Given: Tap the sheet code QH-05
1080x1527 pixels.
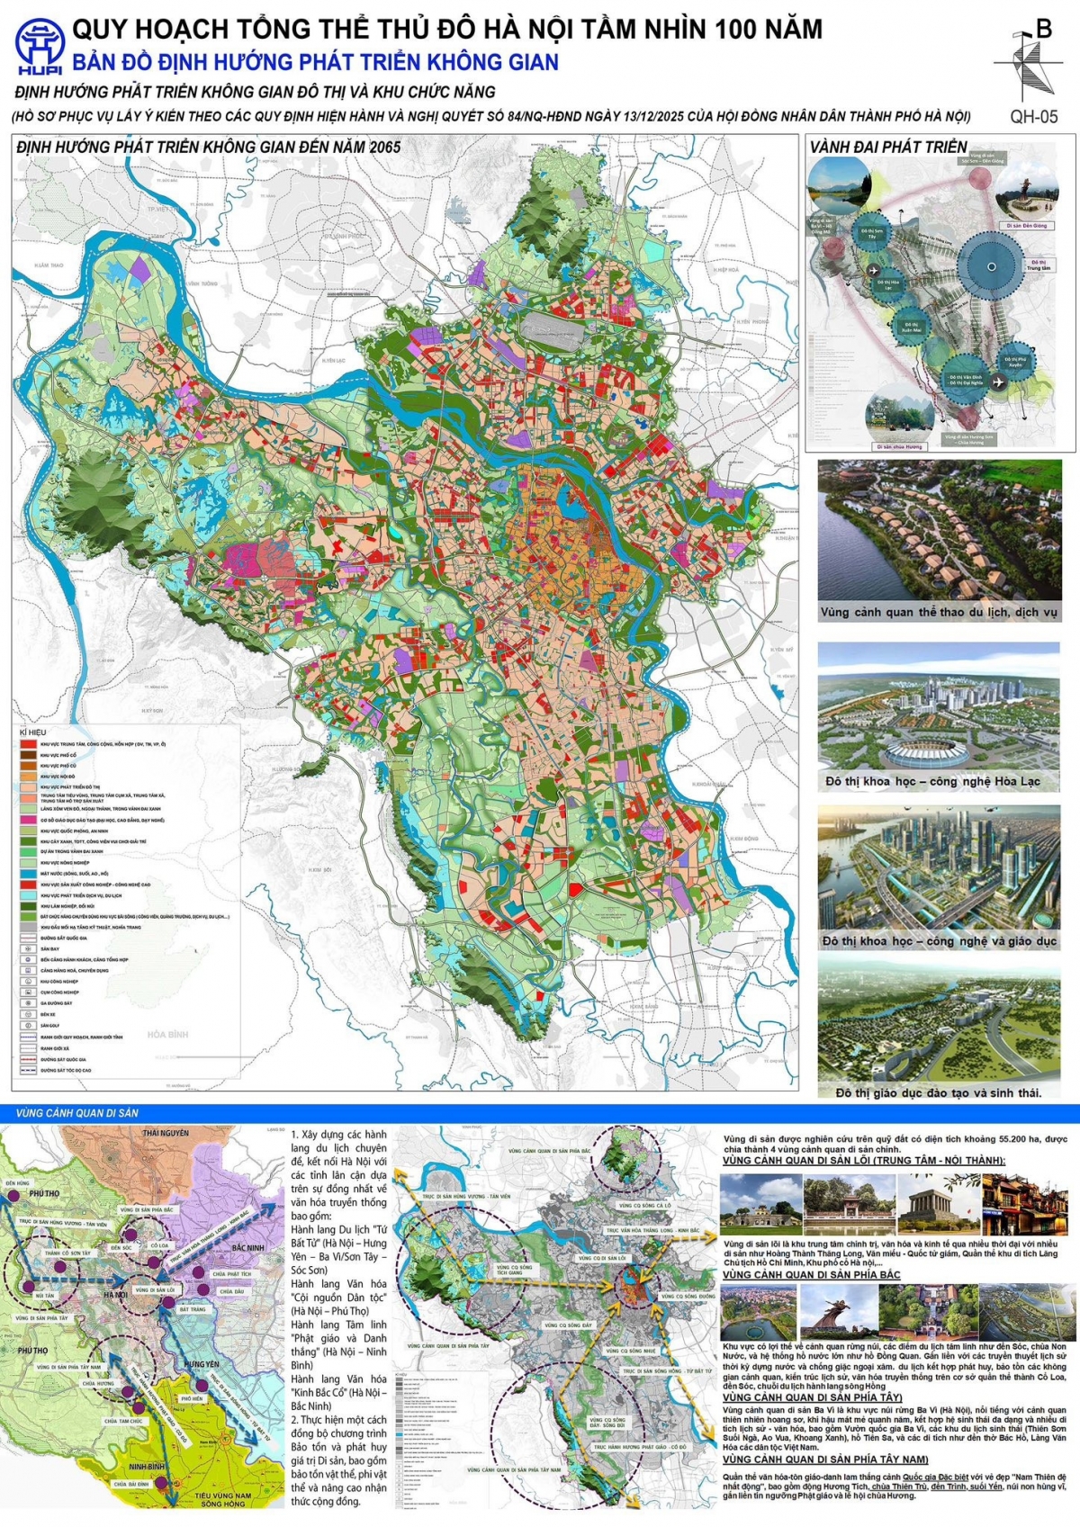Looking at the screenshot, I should pyautogui.click(x=1033, y=116).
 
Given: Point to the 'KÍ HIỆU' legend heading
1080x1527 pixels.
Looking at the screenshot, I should pyautogui.click(x=31, y=732).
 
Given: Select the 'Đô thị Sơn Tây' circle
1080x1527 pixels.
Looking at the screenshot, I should pyautogui.click(x=872, y=232).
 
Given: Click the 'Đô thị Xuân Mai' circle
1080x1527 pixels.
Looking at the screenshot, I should pyautogui.click(x=911, y=328).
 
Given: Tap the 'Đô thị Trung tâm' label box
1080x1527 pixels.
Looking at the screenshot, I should pyautogui.click(x=1038, y=265).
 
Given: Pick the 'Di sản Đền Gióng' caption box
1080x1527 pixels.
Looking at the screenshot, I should pyautogui.click(x=1027, y=226).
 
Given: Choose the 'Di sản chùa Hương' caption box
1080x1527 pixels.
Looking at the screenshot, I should pyautogui.click(x=899, y=446).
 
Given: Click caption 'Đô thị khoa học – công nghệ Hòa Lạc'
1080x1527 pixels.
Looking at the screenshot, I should pyautogui.click(x=932, y=781).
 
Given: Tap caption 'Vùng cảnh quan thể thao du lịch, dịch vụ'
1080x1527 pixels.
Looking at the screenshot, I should pyautogui.click(x=939, y=612).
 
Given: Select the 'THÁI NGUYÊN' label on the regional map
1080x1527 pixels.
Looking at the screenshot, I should pyautogui.click(x=166, y=1132).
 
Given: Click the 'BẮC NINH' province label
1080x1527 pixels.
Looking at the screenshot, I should pyautogui.click(x=247, y=1247).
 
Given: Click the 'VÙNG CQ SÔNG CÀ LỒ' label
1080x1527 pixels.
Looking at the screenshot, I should pyautogui.click(x=643, y=1205).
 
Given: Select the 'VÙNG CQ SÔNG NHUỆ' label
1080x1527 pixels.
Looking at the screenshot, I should pyautogui.click(x=631, y=1352).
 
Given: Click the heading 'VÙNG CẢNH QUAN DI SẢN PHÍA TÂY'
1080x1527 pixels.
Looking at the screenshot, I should pyautogui.click(x=812, y=1397).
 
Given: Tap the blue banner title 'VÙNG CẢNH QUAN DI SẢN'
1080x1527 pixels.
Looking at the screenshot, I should pyautogui.click(x=77, y=1112).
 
